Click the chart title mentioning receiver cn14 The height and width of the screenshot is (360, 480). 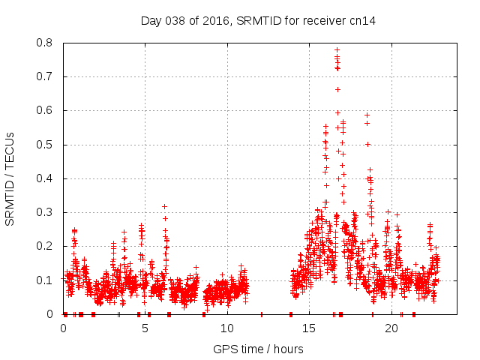click(x=258, y=21)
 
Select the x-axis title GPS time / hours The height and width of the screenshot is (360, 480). click(x=258, y=349)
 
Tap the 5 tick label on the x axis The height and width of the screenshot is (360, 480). click(x=145, y=328)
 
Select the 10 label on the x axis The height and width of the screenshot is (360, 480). click(x=227, y=328)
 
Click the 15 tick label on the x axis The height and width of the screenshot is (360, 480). click(x=309, y=328)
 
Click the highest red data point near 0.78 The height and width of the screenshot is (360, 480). click(x=337, y=50)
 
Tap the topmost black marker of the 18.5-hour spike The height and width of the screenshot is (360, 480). click(x=367, y=115)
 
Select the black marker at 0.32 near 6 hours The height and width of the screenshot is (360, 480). click(x=164, y=206)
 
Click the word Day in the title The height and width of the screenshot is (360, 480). click(x=151, y=21)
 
